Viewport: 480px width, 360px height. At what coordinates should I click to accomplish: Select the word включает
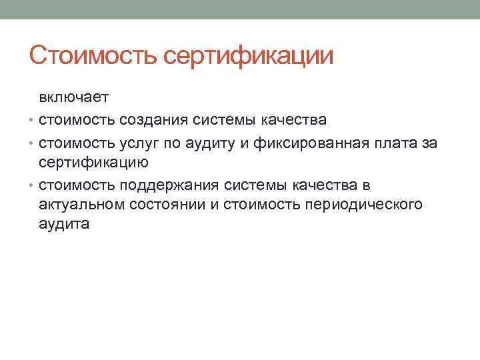(x=73, y=98)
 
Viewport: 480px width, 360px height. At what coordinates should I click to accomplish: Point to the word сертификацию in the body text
(x=93, y=162)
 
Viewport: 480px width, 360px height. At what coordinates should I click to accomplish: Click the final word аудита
(x=64, y=225)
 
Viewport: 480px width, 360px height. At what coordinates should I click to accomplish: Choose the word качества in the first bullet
(x=295, y=121)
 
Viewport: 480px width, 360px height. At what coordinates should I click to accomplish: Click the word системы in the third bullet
(x=253, y=184)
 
